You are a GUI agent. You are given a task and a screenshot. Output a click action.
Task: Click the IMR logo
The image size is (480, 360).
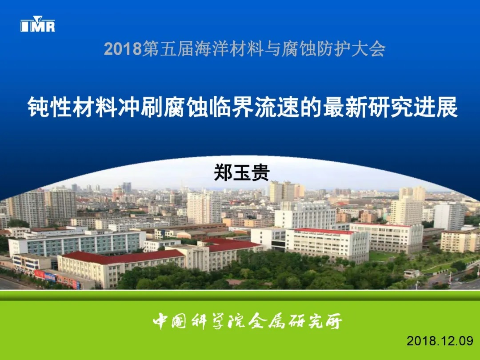38,24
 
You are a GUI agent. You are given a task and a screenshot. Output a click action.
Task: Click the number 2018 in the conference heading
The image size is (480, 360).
123,49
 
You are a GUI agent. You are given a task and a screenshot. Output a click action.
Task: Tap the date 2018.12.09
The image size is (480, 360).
440,341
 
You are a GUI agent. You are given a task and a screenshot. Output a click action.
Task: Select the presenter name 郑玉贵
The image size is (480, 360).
241,172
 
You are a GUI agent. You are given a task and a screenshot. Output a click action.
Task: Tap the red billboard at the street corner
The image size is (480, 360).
45,276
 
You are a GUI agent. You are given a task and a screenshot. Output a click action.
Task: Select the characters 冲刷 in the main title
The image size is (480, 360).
141,107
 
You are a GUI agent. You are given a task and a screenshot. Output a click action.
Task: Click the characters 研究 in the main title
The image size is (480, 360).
391,107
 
